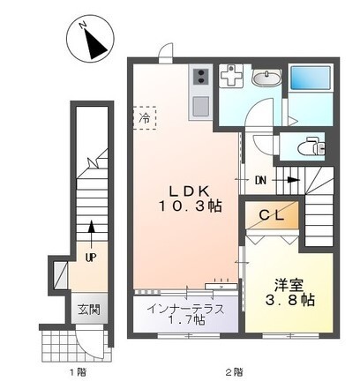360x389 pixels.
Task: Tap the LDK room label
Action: pos(190,190)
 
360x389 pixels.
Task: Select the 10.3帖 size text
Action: pos(190,206)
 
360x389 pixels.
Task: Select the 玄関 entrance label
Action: pos(88,310)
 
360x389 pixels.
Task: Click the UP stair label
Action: pos(90,257)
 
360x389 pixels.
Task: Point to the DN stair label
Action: pos(261,181)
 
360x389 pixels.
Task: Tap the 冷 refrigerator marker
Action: pos(143,116)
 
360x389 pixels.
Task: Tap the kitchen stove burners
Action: pos(199,79)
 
